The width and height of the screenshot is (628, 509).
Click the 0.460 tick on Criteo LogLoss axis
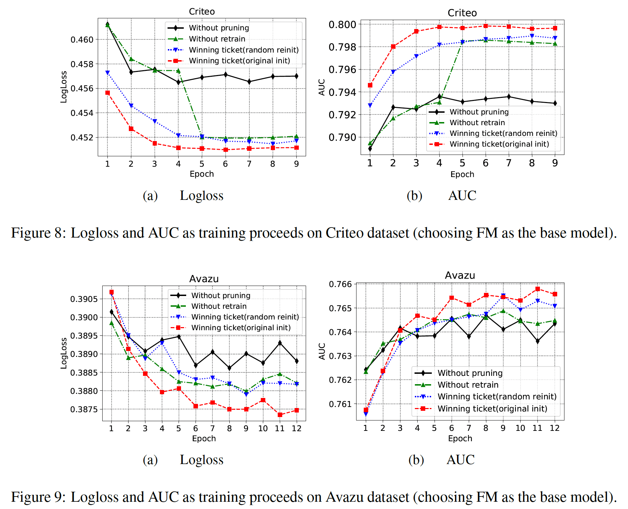tap(82, 40)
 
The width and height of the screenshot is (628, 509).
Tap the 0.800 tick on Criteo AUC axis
tap(342, 25)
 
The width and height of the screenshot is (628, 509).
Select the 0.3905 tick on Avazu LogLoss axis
tap(84, 299)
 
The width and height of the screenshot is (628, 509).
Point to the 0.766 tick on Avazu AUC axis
tap(340, 285)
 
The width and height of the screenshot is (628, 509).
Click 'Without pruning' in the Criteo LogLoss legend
tap(219, 28)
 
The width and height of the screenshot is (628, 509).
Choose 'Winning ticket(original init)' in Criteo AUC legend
tap(499, 144)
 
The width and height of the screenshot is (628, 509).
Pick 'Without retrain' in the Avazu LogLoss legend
tap(219, 306)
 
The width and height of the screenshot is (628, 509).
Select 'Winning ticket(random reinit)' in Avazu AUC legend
tap(497, 397)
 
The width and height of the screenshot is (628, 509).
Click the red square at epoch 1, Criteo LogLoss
tap(107, 93)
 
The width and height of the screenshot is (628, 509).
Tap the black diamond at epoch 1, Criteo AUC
tap(370, 149)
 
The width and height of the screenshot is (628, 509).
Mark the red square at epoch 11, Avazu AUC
tap(537, 289)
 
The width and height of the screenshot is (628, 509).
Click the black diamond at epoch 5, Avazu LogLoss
tap(179, 336)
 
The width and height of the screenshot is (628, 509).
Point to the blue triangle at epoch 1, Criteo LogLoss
tap(107, 73)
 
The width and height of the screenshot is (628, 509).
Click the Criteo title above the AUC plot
tap(462, 13)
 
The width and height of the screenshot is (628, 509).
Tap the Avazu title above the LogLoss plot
tap(204, 279)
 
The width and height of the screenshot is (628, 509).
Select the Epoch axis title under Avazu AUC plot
tap(460, 438)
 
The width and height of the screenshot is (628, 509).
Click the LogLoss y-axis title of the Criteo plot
tap(64, 87)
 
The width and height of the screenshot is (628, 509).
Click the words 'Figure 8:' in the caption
tap(38, 233)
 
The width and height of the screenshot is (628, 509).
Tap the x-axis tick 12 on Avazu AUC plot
tap(554, 428)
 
